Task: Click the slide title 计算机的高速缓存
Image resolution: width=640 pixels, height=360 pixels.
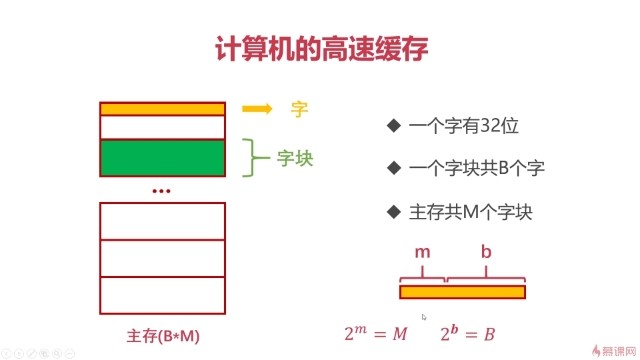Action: pos(320,50)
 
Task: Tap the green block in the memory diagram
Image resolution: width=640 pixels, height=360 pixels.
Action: pos(162,158)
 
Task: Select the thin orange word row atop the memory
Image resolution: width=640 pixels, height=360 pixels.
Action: pos(162,109)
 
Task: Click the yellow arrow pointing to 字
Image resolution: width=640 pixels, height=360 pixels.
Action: pos(258,109)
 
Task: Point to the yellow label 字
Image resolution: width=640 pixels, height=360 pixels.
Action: pos(298,109)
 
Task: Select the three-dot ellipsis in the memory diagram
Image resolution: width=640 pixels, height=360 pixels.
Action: pos(161,190)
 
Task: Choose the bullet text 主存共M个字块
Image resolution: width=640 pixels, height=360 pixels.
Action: pos(467,212)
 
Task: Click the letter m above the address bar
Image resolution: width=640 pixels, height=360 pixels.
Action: pos(423,253)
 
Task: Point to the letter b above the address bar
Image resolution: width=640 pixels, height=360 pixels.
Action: pos(486,253)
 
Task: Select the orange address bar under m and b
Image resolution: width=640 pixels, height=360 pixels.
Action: pos(462,292)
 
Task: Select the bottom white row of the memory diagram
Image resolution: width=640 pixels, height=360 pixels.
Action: pos(161,292)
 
